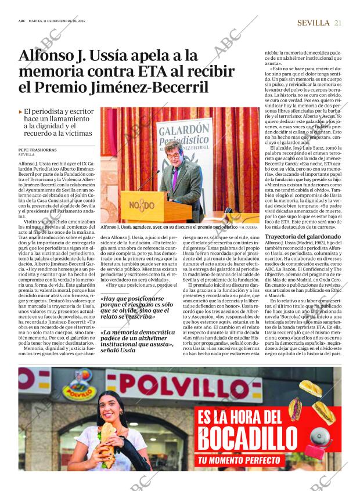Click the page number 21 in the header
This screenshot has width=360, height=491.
[x=337, y=23]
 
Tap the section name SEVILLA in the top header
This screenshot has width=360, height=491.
[x=312, y=23]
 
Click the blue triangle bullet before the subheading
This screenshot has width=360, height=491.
[x=21, y=110]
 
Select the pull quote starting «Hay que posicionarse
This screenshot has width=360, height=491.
[x=136, y=307]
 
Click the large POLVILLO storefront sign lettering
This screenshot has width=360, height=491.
[x=203, y=385]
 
